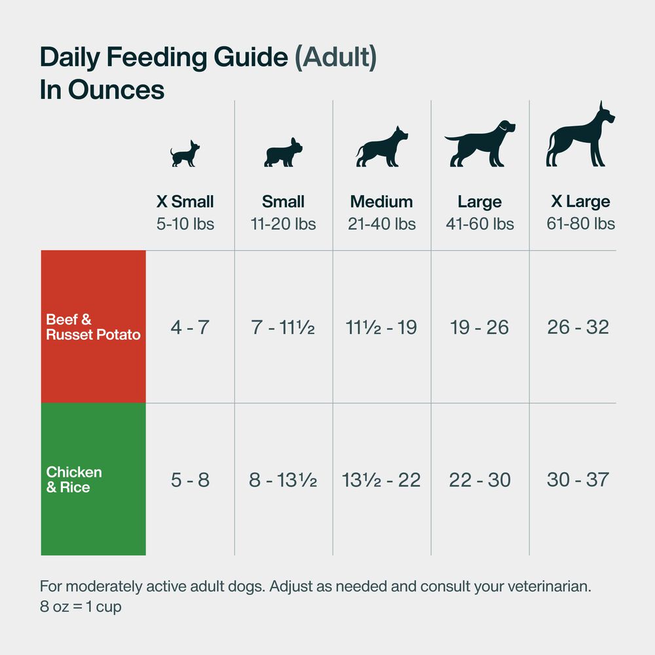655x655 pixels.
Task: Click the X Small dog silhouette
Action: pos(185,154)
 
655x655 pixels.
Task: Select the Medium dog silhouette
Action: pos(382,147)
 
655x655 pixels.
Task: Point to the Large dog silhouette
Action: pos(479,144)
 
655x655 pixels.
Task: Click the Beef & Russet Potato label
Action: pos(93,327)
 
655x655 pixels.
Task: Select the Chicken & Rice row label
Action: pos(74,479)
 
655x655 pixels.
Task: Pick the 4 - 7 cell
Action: pos(190,327)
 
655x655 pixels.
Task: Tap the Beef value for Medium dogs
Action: pos(381,327)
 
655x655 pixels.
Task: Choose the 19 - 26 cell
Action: pos(479,327)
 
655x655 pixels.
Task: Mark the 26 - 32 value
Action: pos(578,327)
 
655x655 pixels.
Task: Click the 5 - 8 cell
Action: pos(190,480)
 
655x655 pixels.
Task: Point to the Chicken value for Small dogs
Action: pos(283,480)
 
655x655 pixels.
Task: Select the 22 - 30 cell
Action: pos(479,480)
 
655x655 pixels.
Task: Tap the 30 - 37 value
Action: pos(578,480)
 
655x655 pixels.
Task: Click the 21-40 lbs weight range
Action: pos(382,224)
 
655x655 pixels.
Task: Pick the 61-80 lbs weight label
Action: pos(580,224)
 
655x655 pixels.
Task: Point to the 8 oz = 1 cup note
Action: pos(81,607)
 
